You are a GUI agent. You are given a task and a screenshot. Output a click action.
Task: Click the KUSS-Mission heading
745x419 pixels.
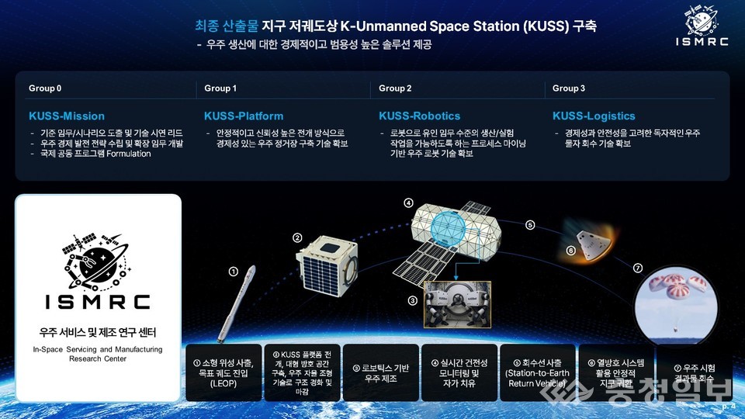click(x=66, y=116)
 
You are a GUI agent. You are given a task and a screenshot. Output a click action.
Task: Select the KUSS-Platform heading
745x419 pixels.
click(x=244, y=116)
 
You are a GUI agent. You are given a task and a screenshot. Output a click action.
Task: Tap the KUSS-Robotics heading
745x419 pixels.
click(x=419, y=116)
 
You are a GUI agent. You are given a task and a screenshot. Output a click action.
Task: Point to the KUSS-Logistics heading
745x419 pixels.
click(x=594, y=116)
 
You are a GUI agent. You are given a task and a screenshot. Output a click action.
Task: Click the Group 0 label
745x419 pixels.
click(x=45, y=88)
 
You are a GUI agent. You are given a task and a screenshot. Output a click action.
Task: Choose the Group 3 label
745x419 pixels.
click(x=569, y=88)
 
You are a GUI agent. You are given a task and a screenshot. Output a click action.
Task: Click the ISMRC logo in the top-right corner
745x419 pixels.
click(x=702, y=28)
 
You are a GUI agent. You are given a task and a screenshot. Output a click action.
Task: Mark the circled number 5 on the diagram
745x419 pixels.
click(x=530, y=225)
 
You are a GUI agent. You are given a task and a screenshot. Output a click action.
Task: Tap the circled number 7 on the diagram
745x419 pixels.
click(x=638, y=268)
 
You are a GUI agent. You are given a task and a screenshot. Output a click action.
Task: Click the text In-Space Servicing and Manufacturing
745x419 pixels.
click(x=98, y=350)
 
